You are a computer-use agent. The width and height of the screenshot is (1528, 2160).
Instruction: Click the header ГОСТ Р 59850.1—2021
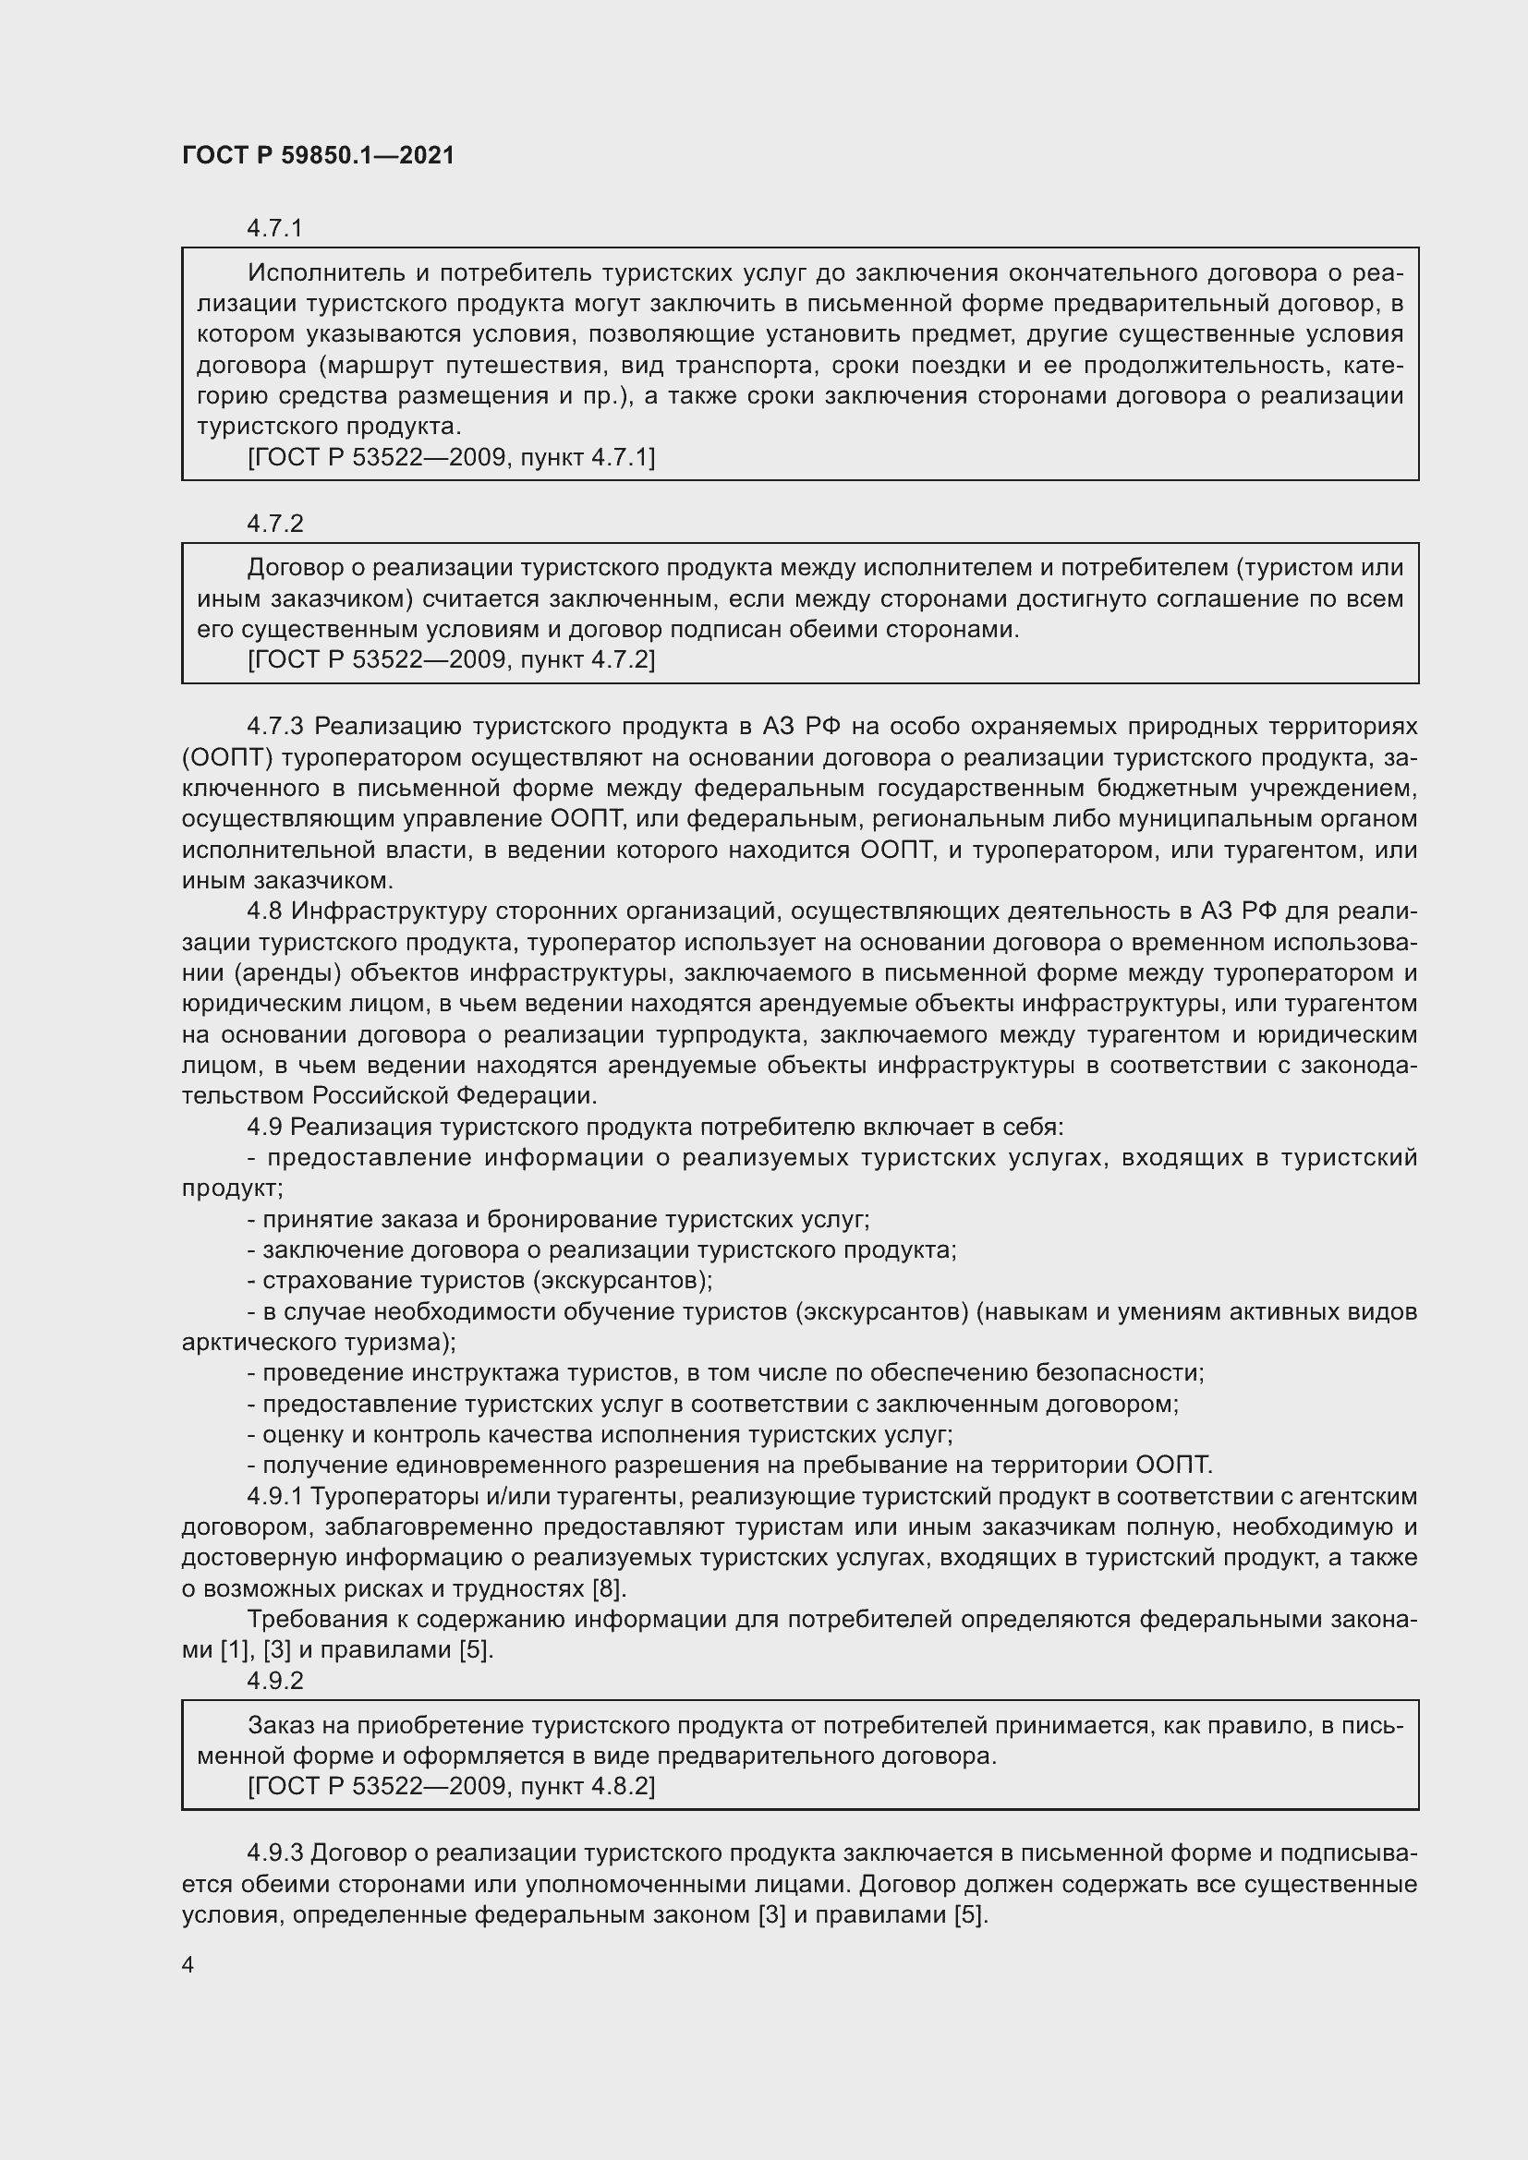pos(317,155)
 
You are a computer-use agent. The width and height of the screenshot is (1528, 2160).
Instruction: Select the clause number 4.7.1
pos(274,229)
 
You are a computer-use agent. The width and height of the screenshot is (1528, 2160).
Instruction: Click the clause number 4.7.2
pos(274,524)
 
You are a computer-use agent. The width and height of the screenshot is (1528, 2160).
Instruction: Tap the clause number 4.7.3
pos(276,726)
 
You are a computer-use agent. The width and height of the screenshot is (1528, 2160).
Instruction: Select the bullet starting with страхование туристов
pos(479,1280)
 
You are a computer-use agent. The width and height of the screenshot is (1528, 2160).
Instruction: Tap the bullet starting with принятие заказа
pos(558,1219)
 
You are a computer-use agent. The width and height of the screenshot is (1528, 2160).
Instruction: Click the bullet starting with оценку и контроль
pos(600,1435)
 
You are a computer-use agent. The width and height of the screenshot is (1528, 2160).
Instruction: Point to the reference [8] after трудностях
pos(608,1589)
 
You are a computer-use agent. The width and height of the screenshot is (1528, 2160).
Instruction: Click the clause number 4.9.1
pos(274,1496)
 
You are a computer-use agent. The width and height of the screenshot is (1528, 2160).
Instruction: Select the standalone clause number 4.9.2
pos(274,1680)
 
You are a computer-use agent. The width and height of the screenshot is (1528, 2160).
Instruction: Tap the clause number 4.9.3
pos(274,1853)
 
